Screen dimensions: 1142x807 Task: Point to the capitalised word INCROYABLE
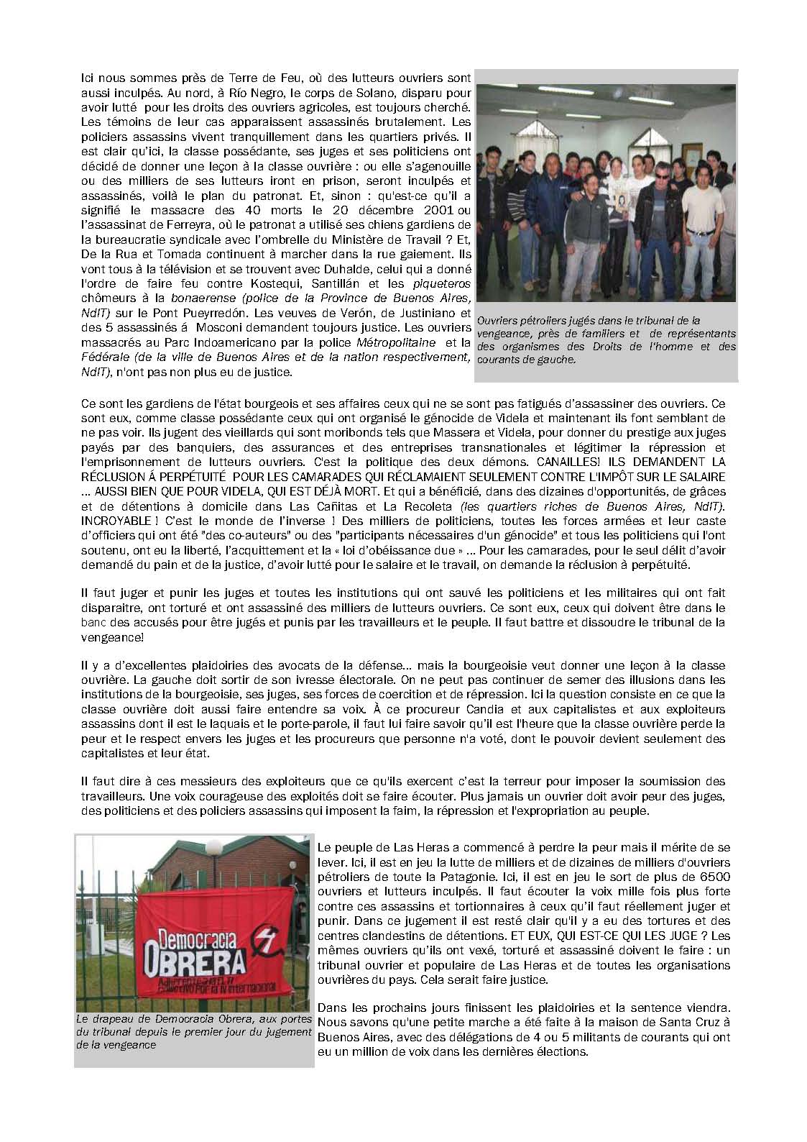point(114,519)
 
